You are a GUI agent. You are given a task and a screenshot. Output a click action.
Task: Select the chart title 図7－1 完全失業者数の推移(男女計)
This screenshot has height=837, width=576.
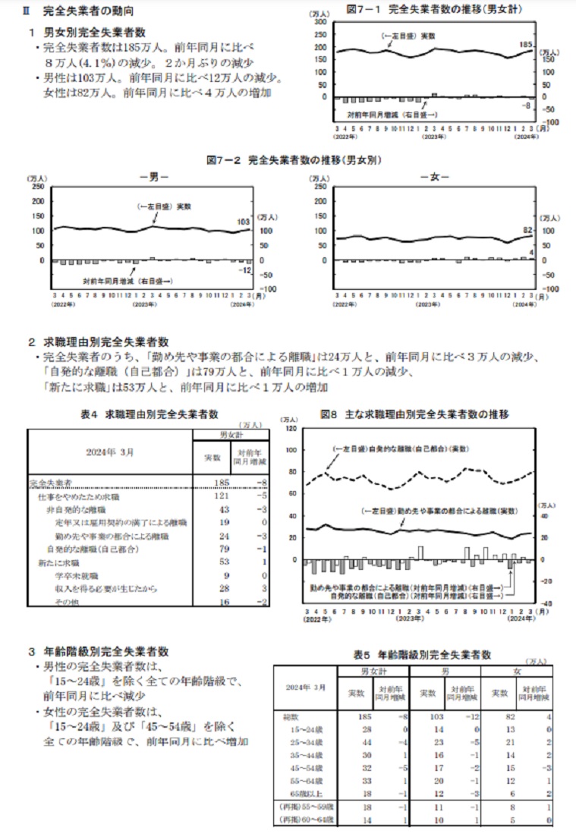433,8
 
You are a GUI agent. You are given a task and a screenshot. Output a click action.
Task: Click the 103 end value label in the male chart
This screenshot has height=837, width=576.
243,222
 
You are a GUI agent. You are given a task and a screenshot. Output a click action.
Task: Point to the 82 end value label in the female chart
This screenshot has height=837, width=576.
528,230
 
